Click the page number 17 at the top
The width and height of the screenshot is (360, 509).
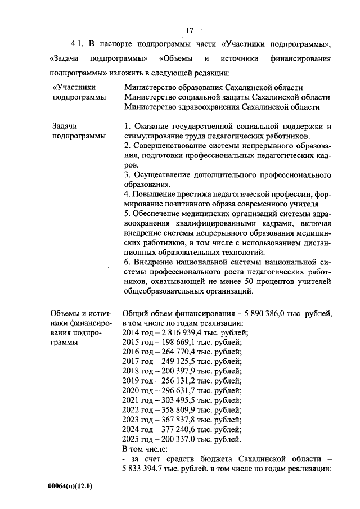pos(190,30)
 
